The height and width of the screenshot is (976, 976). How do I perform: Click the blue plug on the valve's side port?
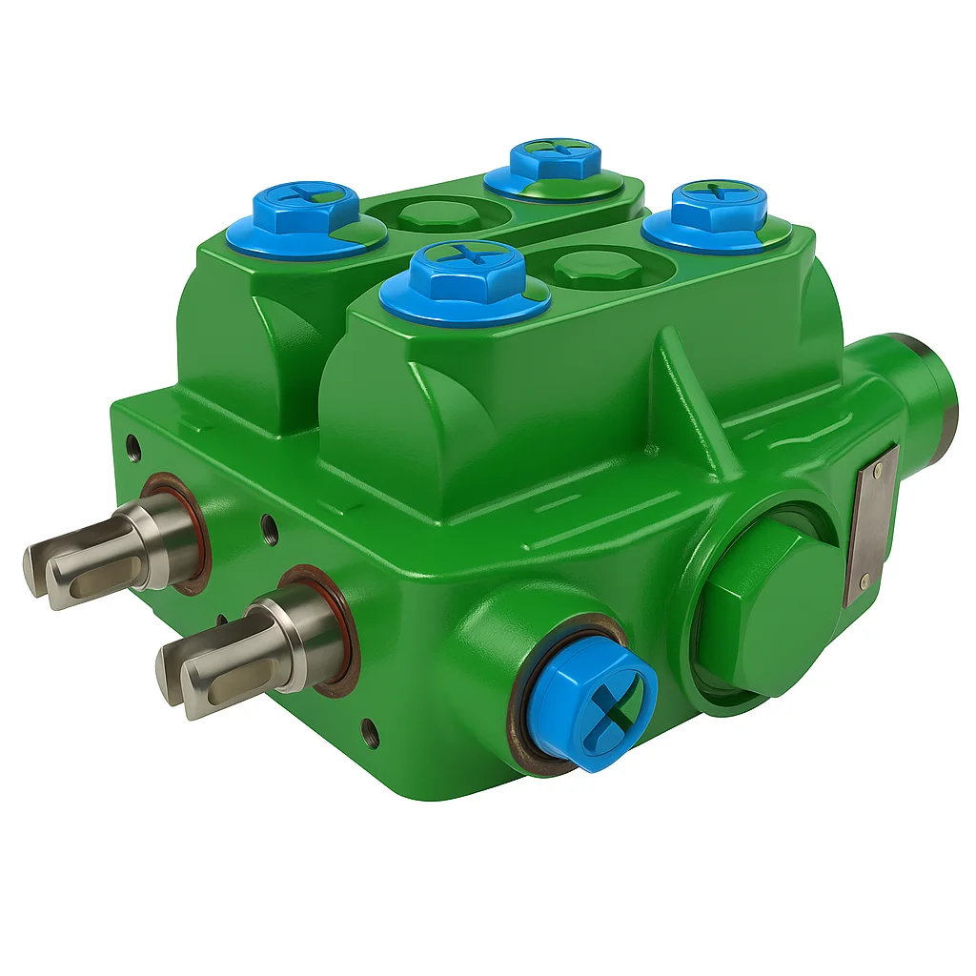click(x=593, y=703)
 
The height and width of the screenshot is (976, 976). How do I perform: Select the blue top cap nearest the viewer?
click(x=465, y=281)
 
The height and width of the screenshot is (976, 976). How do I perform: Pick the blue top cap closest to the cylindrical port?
click(x=718, y=215)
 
